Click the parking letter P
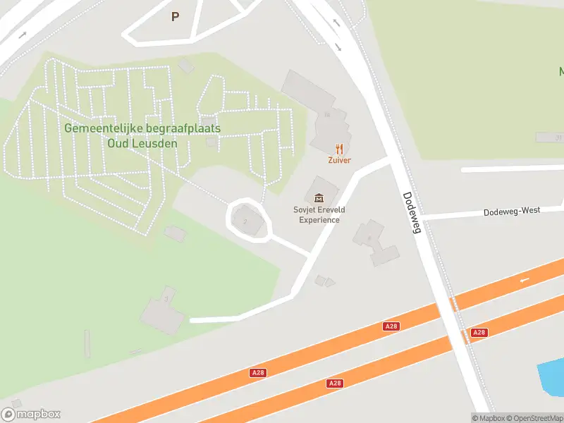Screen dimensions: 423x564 [175, 16]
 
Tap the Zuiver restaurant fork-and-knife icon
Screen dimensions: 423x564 [339, 149]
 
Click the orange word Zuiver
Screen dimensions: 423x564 [339, 160]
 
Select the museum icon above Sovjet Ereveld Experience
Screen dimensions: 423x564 [319, 198]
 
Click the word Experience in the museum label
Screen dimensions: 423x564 [319, 220]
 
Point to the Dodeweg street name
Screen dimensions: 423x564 [411, 212]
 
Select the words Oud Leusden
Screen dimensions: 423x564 [142, 143]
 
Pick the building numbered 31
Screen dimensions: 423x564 [549, 137]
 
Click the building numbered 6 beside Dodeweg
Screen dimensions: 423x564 [372, 240]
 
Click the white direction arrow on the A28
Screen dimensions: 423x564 [524, 281]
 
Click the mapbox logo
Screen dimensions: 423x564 [31, 415]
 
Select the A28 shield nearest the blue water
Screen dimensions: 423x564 [479, 332]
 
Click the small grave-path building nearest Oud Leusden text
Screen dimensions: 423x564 [211, 142]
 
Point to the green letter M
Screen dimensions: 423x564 [560, 72]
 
